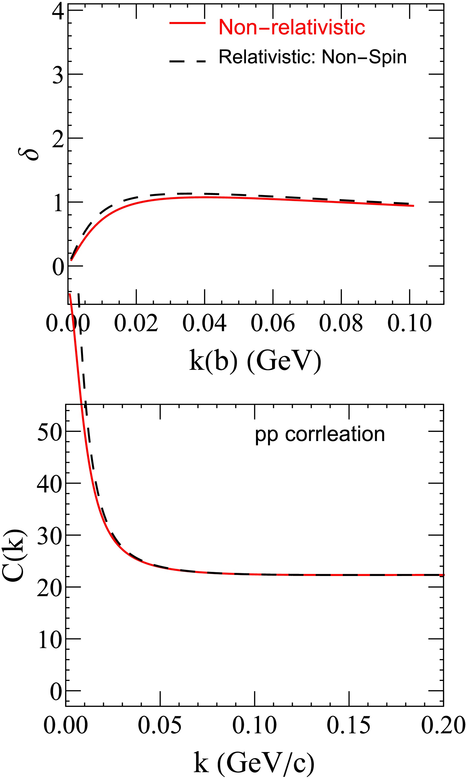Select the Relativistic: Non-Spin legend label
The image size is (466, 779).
[x=313, y=57]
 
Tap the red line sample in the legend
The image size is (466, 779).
[x=188, y=23]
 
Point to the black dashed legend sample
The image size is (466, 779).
[x=188, y=61]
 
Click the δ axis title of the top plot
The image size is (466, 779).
[x=32, y=150]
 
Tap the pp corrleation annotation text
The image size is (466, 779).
[x=320, y=434]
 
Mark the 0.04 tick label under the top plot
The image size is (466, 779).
[x=204, y=323]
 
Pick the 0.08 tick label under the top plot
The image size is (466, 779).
[x=341, y=323]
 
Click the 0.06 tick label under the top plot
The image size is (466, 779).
[x=273, y=323]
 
